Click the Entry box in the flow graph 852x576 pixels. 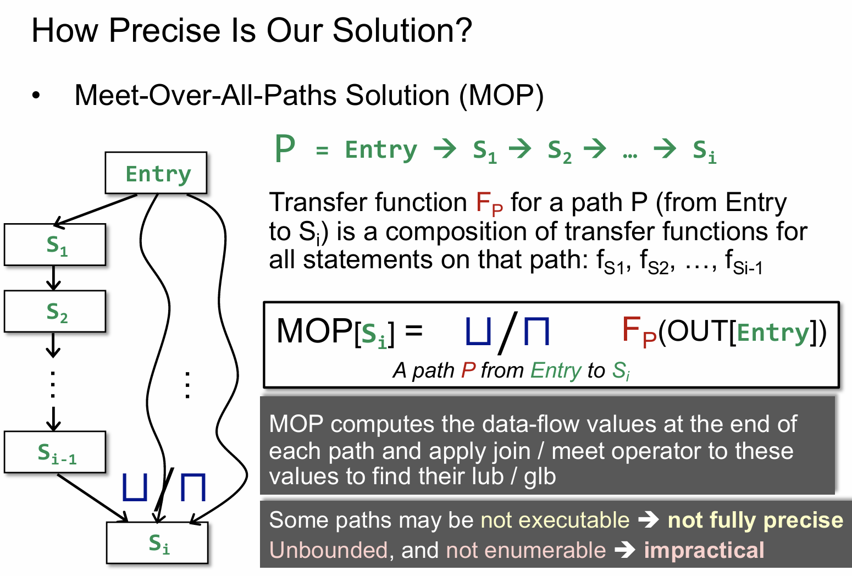[156, 173]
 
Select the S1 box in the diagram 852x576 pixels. [55, 244]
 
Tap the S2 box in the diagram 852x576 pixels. [55, 312]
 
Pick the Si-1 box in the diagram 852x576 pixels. [55, 452]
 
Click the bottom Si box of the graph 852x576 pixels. [157, 543]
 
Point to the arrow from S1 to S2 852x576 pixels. [53, 278]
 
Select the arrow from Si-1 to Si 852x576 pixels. [92, 497]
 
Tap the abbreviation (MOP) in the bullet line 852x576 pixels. [502, 96]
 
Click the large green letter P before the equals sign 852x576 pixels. [285, 148]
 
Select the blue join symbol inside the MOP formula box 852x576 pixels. [478, 331]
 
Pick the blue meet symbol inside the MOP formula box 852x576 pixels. [536, 331]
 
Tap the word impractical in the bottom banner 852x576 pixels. [704, 550]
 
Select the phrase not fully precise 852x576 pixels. [755, 520]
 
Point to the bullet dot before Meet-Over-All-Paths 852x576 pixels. [36, 96]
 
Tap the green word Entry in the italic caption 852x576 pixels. [556, 370]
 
